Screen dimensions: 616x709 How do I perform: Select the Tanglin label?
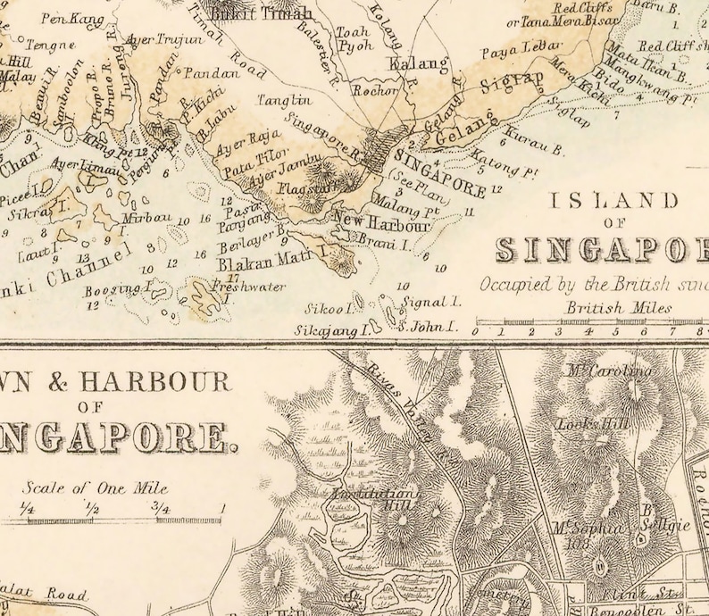pyautogui.click(x=284, y=101)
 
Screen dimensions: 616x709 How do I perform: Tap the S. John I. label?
pyautogui.click(x=428, y=327)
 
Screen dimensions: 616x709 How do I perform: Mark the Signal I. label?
pyautogui.click(x=431, y=303)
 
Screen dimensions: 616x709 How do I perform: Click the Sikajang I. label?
pyautogui.click(x=332, y=330)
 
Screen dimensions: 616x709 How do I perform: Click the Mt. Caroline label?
pyautogui.click(x=606, y=370)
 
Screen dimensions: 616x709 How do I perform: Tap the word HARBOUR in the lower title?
pyautogui.click(x=154, y=383)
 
